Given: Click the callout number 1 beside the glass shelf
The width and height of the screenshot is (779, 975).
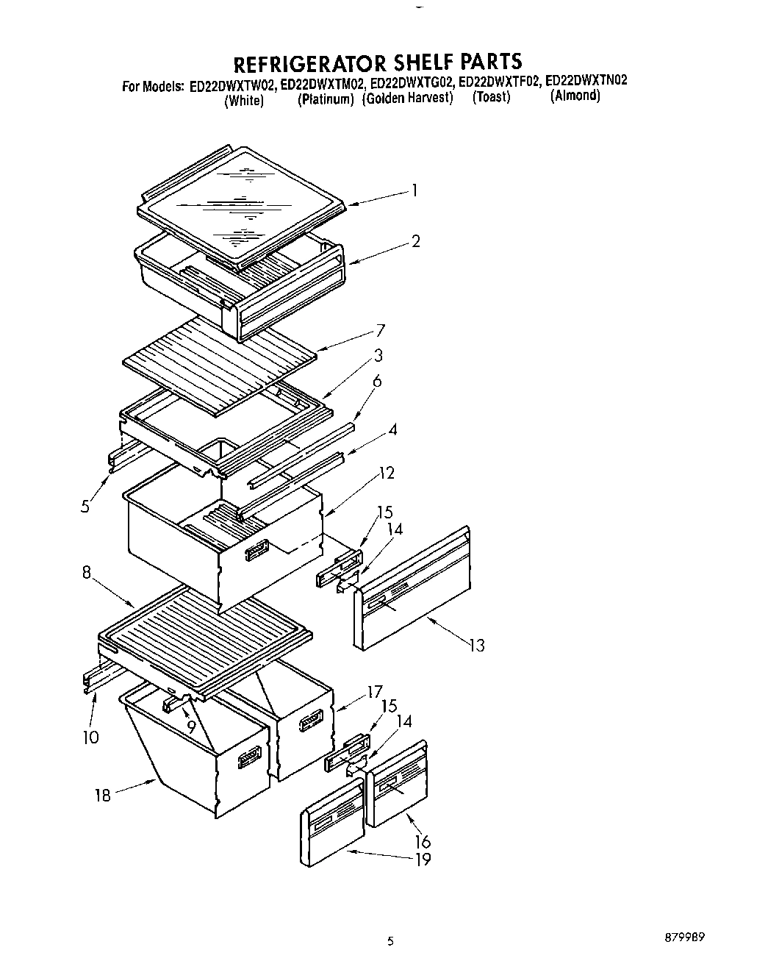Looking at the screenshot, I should pos(415,191).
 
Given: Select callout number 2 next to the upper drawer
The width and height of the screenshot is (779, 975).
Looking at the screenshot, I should pos(416,241).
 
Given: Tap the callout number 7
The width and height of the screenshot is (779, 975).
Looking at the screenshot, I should pos(380,330).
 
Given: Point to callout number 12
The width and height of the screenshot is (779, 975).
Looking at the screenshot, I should pos(387,473).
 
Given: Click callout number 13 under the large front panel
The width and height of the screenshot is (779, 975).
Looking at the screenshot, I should pos(477,646).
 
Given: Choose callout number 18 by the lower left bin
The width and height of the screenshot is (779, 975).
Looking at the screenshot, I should pos(103,795).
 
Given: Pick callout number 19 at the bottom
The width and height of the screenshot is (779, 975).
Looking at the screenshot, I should pos(423,858).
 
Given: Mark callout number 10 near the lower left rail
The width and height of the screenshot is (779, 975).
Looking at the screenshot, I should pos(90,737).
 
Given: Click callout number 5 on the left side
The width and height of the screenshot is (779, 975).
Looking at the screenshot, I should pos(86,506).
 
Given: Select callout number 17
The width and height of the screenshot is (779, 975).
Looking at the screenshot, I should pos(375,691).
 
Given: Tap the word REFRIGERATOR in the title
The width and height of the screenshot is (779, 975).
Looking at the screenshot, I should pos(305,61).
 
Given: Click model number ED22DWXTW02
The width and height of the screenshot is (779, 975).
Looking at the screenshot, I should pos(233,85).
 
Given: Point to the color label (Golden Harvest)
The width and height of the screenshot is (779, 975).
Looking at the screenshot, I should pos(408,99).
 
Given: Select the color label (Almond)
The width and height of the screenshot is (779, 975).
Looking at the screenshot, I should pos(575,96).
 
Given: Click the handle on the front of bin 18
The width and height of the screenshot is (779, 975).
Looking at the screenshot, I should pos(251,757).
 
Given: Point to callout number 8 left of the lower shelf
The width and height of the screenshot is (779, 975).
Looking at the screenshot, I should pos(87,572).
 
